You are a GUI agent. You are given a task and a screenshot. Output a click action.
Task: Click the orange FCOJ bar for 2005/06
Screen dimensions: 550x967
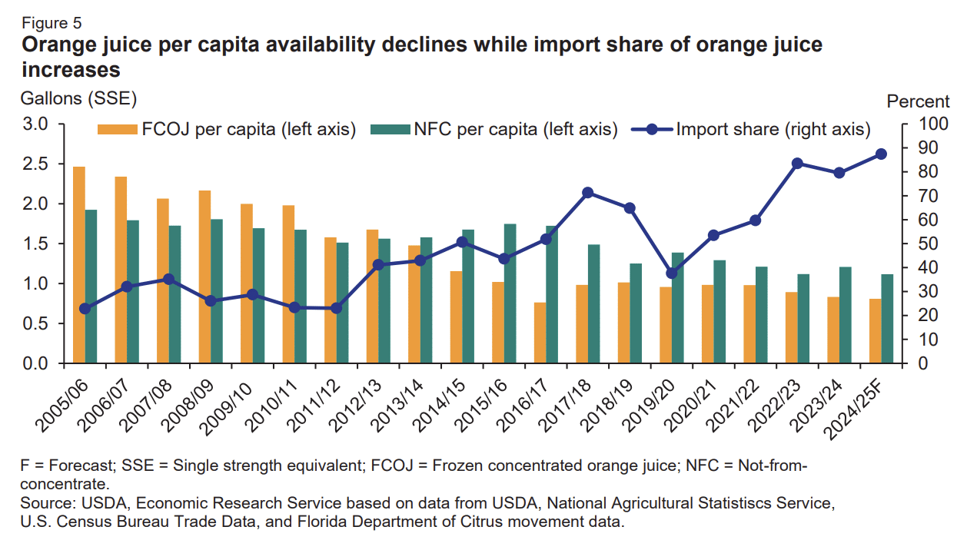(x=78, y=265)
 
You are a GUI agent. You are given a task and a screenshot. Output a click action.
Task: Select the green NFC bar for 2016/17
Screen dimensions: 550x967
(x=552, y=295)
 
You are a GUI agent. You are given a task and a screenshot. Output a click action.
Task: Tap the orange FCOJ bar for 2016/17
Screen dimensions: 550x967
(x=540, y=333)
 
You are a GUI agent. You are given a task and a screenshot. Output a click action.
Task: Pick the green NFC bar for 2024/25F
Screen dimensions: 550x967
(x=887, y=319)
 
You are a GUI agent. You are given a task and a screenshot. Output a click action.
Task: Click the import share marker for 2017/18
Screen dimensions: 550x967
(x=588, y=193)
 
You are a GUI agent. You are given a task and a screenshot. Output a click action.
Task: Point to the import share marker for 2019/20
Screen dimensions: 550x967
(x=672, y=273)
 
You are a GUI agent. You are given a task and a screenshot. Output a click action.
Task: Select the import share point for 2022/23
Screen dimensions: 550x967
(x=797, y=164)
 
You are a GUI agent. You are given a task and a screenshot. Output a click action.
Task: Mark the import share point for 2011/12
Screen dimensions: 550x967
(x=336, y=308)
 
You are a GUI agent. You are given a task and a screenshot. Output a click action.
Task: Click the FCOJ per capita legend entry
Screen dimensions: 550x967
(x=227, y=130)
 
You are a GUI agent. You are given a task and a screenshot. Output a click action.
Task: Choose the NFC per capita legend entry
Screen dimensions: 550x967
(x=493, y=130)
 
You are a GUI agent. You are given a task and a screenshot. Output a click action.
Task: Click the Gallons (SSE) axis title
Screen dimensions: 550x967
(x=78, y=98)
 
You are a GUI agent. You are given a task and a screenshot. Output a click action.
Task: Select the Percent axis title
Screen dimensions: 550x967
(x=918, y=101)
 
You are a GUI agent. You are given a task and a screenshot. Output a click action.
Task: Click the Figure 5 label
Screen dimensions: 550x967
(x=52, y=23)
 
